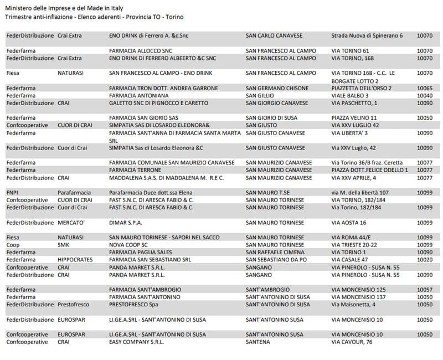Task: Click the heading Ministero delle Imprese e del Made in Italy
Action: (64, 8)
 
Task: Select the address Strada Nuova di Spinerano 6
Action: (367, 36)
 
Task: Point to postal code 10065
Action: (425, 88)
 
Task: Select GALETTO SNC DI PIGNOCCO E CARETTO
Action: (158, 103)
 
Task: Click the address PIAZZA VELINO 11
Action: (354, 118)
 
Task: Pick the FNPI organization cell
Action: (13, 193)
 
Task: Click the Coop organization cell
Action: (13, 245)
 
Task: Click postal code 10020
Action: (425, 260)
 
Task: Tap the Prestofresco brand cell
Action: (75, 305)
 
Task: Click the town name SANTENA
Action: (257, 342)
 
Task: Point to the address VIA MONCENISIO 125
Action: (358, 290)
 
